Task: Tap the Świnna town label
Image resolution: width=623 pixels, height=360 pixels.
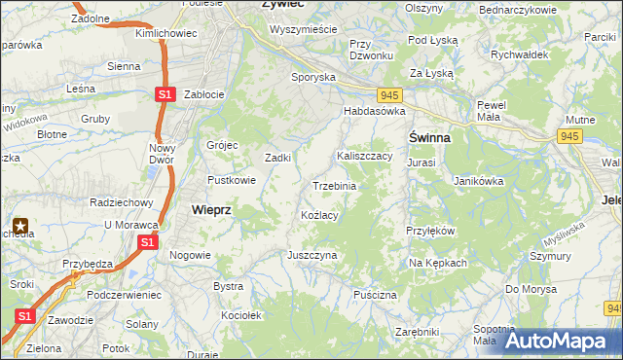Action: coord(428,138)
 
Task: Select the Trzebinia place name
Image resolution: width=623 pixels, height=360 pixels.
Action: coord(334,186)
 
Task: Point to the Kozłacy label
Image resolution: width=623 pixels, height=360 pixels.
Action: coord(319,215)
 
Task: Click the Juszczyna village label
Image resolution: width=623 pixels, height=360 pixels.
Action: coord(311,255)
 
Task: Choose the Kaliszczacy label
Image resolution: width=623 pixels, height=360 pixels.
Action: coord(364,156)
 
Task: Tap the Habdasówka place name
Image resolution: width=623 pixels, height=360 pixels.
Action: coord(373,112)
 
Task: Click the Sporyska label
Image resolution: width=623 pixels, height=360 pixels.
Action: coord(313,76)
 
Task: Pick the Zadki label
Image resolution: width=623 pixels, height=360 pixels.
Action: coord(279,158)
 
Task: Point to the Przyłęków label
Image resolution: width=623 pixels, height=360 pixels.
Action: coord(430,231)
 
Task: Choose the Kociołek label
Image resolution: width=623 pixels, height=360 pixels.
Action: coord(242,316)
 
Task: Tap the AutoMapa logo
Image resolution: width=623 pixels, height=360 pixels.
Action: coord(556,342)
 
